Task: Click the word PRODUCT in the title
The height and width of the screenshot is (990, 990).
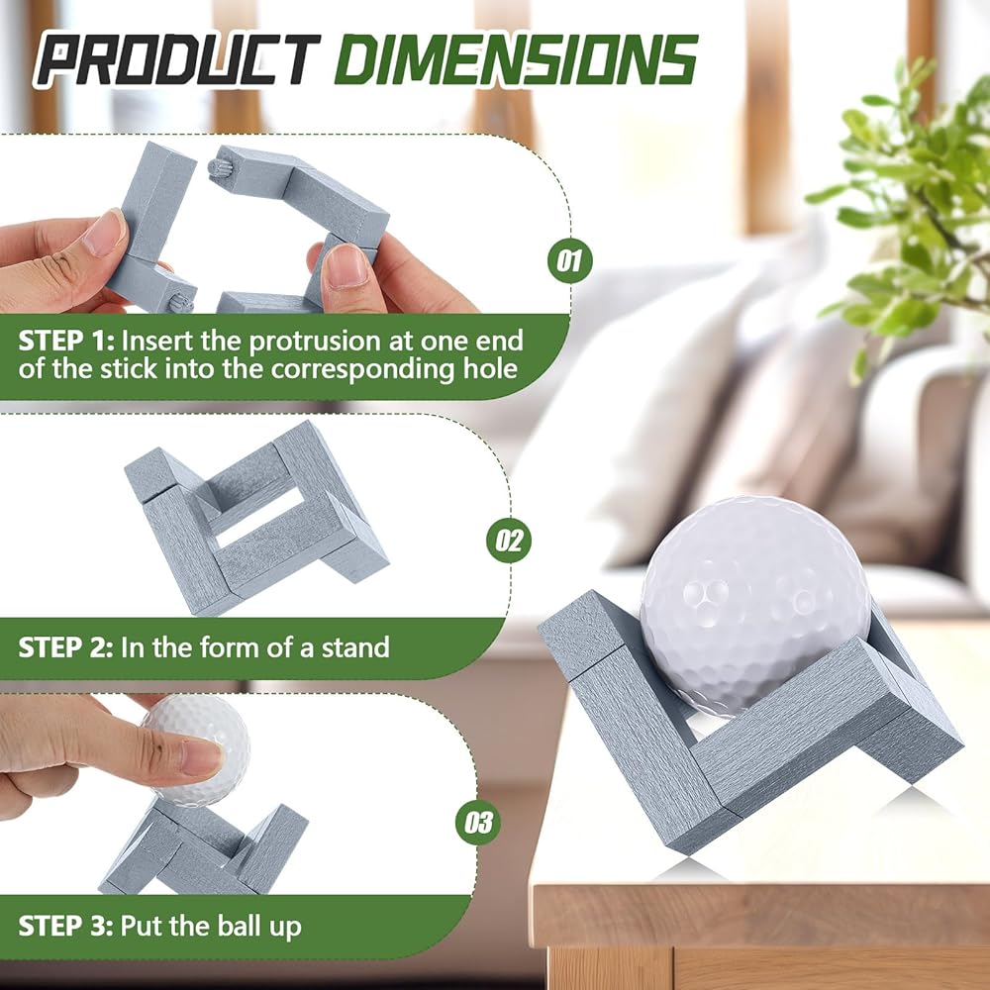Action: click(x=177, y=60)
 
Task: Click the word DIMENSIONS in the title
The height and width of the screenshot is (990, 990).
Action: click(x=516, y=60)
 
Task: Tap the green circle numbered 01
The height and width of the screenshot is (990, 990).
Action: click(x=569, y=260)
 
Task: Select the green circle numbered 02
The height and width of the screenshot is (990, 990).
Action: click(x=509, y=541)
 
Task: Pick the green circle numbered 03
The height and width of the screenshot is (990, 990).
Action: click(x=478, y=822)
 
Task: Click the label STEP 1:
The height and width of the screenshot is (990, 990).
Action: click(x=66, y=341)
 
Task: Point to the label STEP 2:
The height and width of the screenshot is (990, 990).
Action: click(x=65, y=647)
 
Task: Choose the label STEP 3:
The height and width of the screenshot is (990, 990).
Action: click(x=65, y=927)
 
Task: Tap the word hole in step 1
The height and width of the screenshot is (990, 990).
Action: click(x=490, y=368)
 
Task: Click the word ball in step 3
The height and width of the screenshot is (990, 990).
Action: click(x=238, y=927)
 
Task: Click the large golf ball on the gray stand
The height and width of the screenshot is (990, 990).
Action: click(x=756, y=604)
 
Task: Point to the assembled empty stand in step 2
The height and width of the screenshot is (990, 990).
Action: click(x=255, y=518)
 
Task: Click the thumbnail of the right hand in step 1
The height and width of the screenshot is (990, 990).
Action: click(x=346, y=265)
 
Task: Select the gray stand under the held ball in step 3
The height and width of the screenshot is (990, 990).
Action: click(x=203, y=847)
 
